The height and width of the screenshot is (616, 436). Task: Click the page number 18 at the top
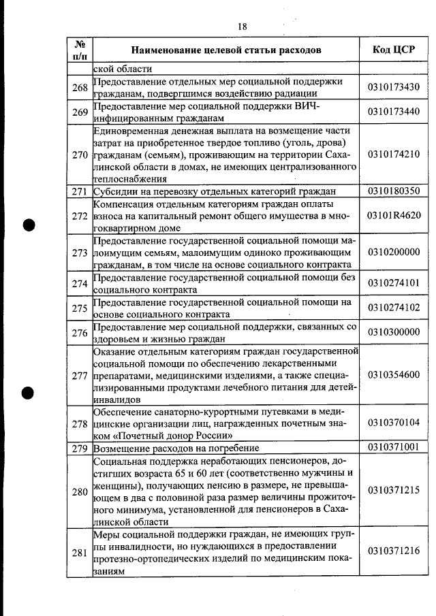(x=242, y=27)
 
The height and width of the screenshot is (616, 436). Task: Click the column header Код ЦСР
(x=394, y=50)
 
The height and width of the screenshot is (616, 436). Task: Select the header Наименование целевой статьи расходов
(x=225, y=50)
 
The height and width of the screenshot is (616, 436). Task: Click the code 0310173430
(x=394, y=87)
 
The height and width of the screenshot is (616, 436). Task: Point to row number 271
(x=80, y=191)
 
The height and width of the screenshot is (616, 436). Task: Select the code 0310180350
(x=394, y=191)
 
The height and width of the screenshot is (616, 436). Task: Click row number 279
(x=80, y=448)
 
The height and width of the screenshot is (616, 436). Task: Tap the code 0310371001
(x=394, y=448)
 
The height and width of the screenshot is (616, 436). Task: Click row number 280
(x=80, y=491)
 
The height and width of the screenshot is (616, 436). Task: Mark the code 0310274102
(x=394, y=308)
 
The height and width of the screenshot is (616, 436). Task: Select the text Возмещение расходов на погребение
(x=176, y=449)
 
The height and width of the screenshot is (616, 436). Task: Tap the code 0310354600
(x=394, y=375)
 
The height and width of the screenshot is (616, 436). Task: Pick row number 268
(x=80, y=87)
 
